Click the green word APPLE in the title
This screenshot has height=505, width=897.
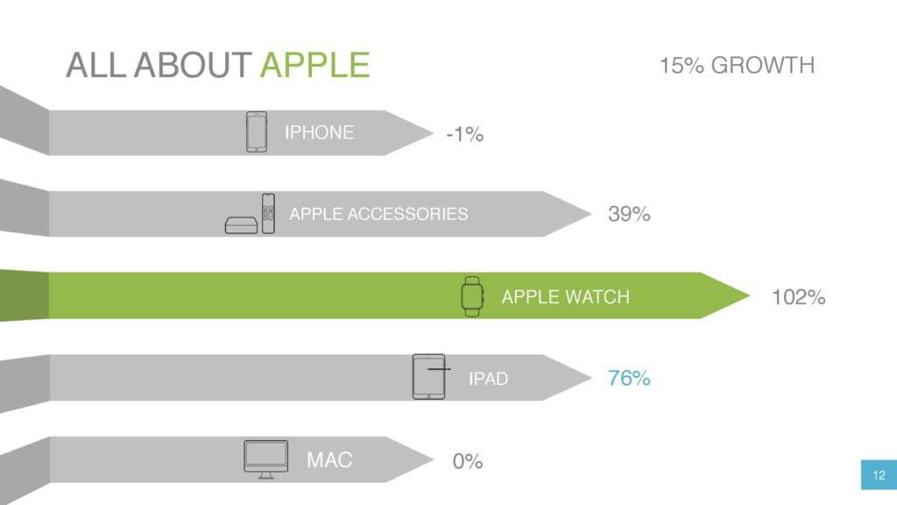pos(315,65)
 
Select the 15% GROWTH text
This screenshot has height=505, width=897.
pos(737,65)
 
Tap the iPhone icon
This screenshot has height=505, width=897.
pos(257,132)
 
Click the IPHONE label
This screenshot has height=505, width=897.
pos(319,132)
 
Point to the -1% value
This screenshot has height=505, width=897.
pos(464,134)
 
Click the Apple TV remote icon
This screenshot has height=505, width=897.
pos(268,214)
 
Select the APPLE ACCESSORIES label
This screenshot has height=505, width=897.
pos(378,214)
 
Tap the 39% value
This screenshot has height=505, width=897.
pos(629,214)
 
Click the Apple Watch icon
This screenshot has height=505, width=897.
pos(472,296)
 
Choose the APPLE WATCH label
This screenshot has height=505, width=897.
pos(565,296)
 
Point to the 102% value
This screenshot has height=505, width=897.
pos(798,297)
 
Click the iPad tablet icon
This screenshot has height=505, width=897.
pos(429,377)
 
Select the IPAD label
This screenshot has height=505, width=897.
pos(488,379)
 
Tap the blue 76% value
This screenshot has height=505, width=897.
pos(629,378)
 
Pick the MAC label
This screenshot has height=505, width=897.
pos(329,459)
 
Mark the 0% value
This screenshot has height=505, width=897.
pos(468,461)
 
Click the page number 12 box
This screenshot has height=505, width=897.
pos(879,474)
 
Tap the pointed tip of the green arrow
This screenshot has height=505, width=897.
pos(749,295)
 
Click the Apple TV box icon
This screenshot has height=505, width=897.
pos(242,225)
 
